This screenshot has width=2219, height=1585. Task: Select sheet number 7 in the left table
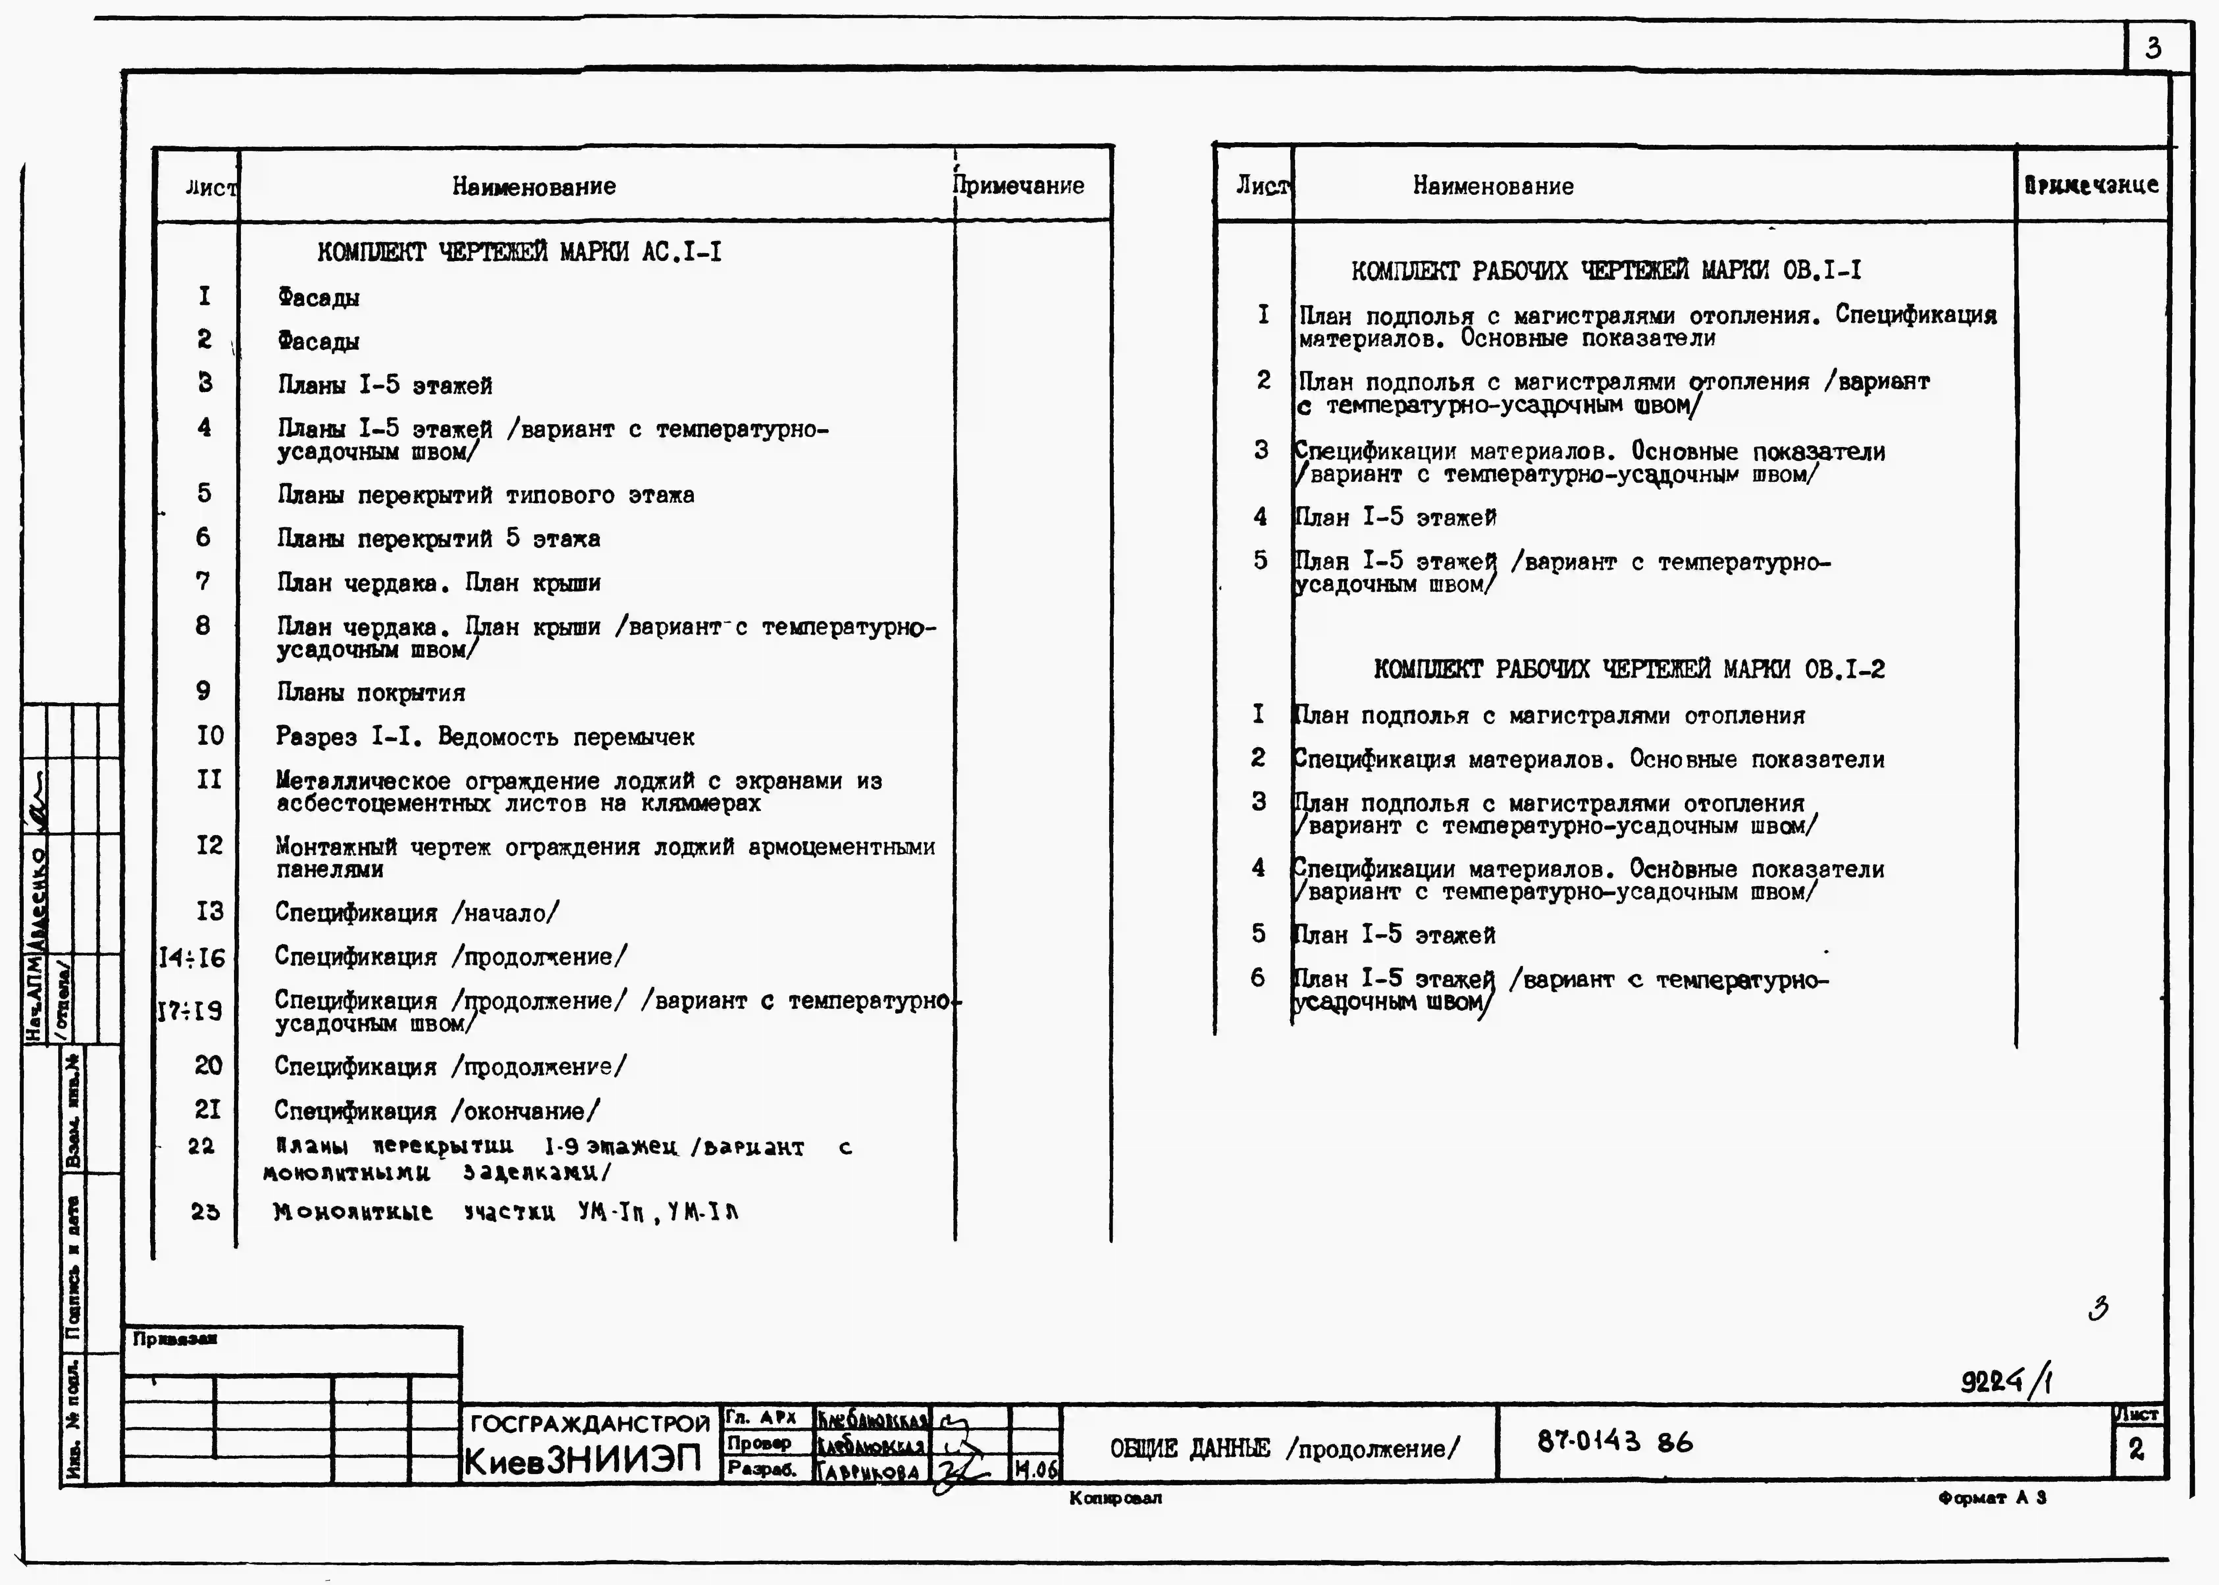pyautogui.click(x=203, y=582)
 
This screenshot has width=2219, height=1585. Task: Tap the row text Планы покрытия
pyautogui.click(x=371, y=693)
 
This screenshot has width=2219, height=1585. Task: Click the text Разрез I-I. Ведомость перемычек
pyautogui.click(x=485, y=737)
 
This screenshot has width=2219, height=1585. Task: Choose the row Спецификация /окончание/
pyautogui.click(x=437, y=1111)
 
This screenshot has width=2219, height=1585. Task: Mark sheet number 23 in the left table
pyautogui.click(x=205, y=1211)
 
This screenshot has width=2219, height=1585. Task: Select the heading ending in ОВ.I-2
pyautogui.click(x=1629, y=669)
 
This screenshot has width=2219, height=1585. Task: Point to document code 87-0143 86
pyautogui.click(x=1615, y=1442)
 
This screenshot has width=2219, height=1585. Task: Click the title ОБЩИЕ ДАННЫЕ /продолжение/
pyautogui.click(x=1284, y=1448)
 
